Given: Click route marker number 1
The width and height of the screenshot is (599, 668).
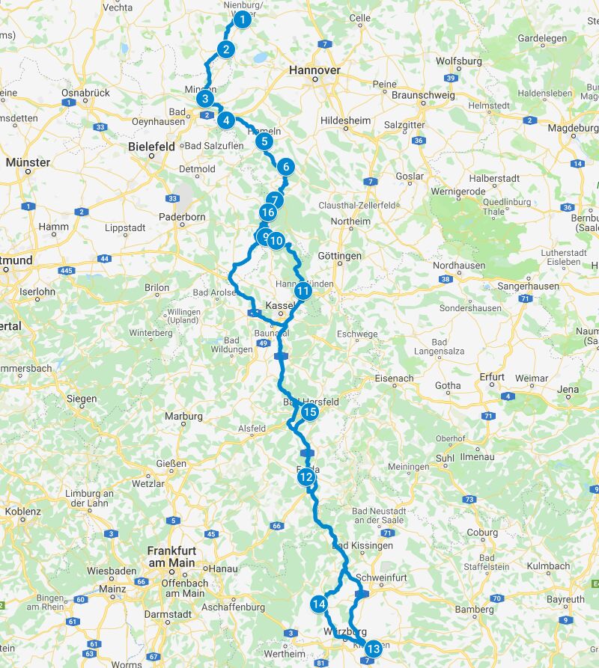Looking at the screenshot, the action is coord(241,20).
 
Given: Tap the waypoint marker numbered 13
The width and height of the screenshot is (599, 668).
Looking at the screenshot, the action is coord(373,649).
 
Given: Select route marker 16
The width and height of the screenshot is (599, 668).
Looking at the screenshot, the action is coord(267,213).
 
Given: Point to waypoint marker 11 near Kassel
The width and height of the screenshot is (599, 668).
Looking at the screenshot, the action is coord(302,291).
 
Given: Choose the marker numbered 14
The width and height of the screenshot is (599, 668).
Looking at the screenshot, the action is coord(320,604).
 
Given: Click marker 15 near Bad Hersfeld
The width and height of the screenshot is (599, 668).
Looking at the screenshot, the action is coord(309,411).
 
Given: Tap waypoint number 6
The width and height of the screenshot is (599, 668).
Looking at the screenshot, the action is coord(285,168).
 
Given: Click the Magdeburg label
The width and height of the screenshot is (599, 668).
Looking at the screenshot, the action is coord(574,128).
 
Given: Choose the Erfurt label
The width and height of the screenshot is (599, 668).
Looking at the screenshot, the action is coord(493,377).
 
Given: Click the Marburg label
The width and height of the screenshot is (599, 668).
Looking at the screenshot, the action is coord(183,416).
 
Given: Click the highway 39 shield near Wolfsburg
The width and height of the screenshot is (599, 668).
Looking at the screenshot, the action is coord(450,79).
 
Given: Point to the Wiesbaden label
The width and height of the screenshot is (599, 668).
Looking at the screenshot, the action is coord(112,571).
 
